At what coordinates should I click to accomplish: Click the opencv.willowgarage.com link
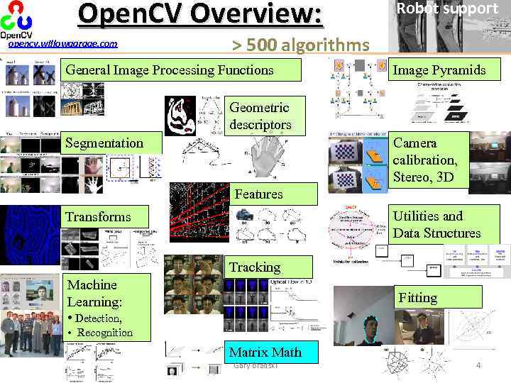pyautogui.click(x=62, y=45)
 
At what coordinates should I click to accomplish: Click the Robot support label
pyautogui.click(x=446, y=9)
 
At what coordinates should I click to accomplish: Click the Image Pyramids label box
pyautogui.click(x=439, y=70)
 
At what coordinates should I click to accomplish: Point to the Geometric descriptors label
pyautogui.click(x=260, y=116)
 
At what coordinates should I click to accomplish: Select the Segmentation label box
pyautogui.click(x=104, y=143)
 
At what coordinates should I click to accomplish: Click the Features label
pyautogui.click(x=258, y=194)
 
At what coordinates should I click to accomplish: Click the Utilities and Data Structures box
pyautogui.click(x=436, y=225)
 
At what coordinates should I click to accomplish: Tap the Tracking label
pyautogui.click(x=254, y=267)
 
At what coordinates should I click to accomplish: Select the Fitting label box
pyautogui.click(x=418, y=297)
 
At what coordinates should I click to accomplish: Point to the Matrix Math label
pyautogui.click(x=265, y=352)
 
